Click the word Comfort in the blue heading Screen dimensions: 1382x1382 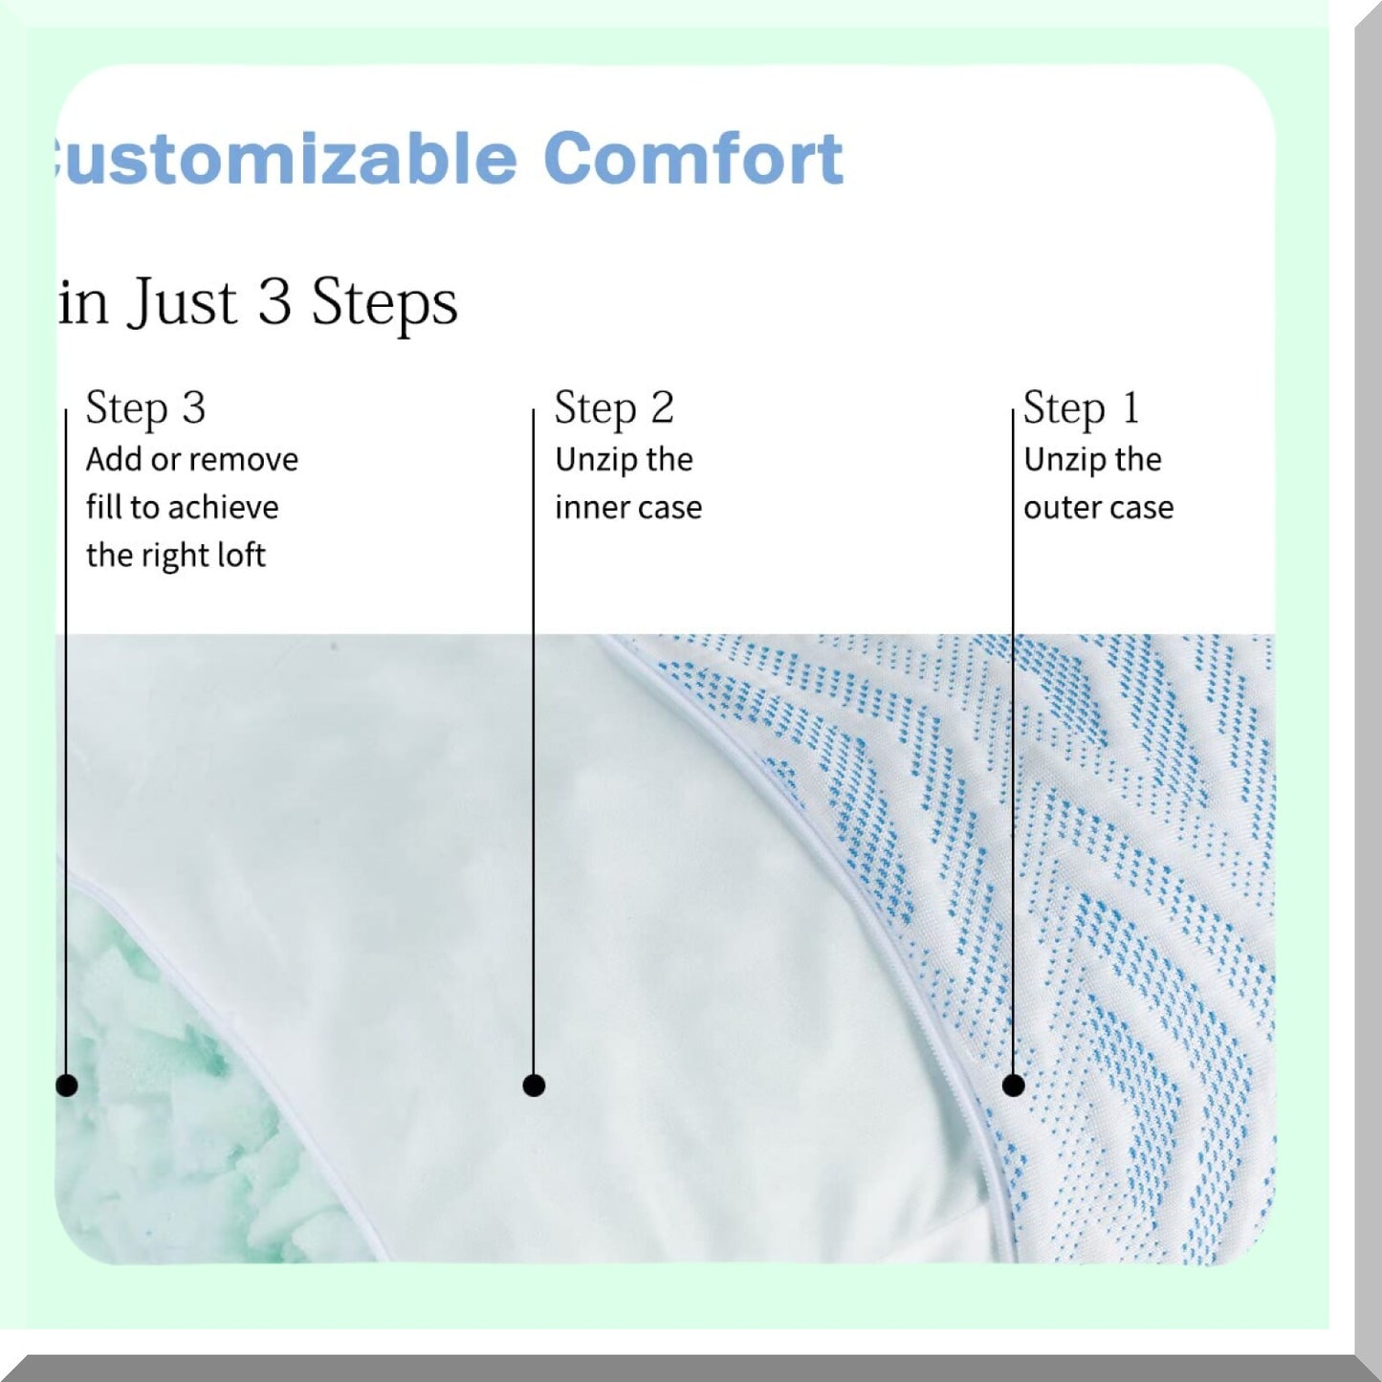pos(692,159)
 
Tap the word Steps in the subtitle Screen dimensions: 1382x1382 pos(384,303)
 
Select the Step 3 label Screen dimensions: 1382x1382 pos(145,408)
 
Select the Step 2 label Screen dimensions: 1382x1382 pos(614,408)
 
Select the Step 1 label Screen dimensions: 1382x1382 pos(1081,408)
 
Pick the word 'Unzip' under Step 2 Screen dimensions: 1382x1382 pos(593,460)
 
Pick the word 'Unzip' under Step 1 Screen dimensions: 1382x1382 pos(1062,460)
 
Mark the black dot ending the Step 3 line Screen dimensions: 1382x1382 pos(66,1086)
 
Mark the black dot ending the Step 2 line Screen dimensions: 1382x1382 pos(534,1086)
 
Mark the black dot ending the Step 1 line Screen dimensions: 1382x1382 pos(1013,1086)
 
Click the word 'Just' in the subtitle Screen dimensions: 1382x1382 pos(182,302)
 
